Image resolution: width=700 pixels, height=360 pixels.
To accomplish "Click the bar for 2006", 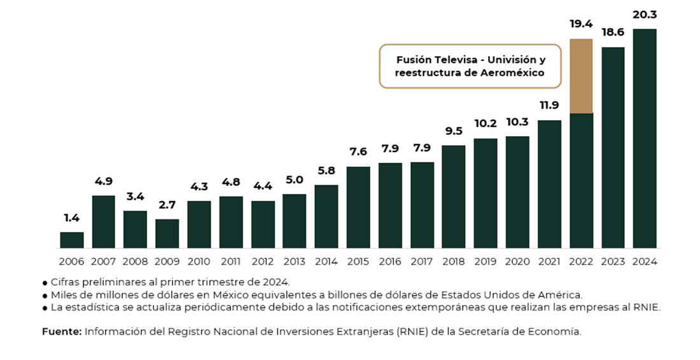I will coord(72,240).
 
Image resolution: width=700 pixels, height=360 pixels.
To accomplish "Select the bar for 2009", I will coord(167,233).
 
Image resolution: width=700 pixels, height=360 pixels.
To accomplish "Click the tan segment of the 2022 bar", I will coord(581,76).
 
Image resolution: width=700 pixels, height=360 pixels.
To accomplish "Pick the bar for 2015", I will coord(358,207).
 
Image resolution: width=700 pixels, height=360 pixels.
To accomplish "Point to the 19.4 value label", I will coord(581,24).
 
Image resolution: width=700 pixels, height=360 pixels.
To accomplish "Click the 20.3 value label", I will coord(645,14).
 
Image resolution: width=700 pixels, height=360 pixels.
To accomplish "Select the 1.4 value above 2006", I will coord(71,218).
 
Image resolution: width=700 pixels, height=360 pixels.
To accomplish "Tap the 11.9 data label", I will coord(549,106).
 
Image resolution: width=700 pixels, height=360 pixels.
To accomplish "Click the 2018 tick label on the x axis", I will coord(454,261).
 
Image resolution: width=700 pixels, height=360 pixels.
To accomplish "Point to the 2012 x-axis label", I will coord(263,261).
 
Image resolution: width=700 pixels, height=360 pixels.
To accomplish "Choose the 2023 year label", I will coord(613,261).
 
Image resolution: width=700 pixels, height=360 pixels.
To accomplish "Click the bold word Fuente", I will coord(62,331).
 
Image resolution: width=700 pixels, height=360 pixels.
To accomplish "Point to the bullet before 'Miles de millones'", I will coord(45,296).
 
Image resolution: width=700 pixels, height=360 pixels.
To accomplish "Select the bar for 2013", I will coord(295,221).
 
